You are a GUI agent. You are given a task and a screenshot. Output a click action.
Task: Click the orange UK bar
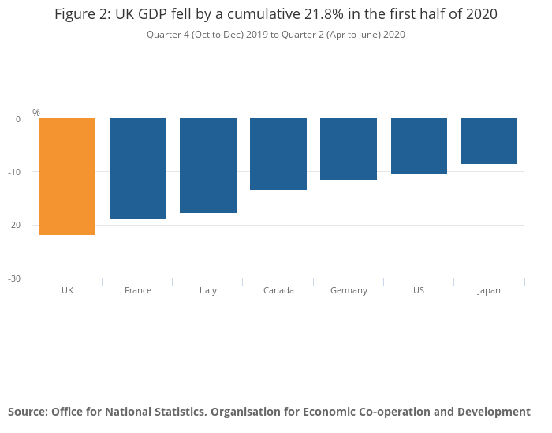67,177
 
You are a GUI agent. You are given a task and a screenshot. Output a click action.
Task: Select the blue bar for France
137,169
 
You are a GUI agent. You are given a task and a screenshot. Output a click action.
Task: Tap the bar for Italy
208,166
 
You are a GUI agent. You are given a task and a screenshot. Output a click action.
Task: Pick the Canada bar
278,155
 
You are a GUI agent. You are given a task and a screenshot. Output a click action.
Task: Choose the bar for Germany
349,149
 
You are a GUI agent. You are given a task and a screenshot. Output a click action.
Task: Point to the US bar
419,146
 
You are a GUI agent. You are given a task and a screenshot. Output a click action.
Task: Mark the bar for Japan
489,141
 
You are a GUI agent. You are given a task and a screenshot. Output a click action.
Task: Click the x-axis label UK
67,290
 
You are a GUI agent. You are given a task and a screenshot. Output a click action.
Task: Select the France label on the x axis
138,290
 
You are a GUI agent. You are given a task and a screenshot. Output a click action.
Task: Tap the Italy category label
208,290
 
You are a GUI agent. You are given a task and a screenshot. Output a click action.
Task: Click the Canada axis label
278,290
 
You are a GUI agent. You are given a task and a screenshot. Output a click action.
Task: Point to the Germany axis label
349,290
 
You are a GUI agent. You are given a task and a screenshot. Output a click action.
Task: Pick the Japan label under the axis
489,290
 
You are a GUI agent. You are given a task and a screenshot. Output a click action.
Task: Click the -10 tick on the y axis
17,172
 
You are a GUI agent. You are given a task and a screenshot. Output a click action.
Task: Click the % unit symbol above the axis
36,113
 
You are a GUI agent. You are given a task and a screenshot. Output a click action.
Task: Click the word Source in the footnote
28,412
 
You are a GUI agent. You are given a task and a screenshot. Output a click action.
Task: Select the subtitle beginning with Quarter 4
275,35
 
